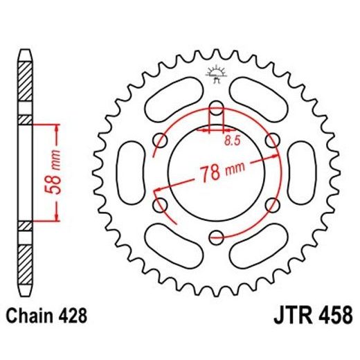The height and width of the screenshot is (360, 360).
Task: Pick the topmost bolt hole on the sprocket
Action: [x=216, y=109]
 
